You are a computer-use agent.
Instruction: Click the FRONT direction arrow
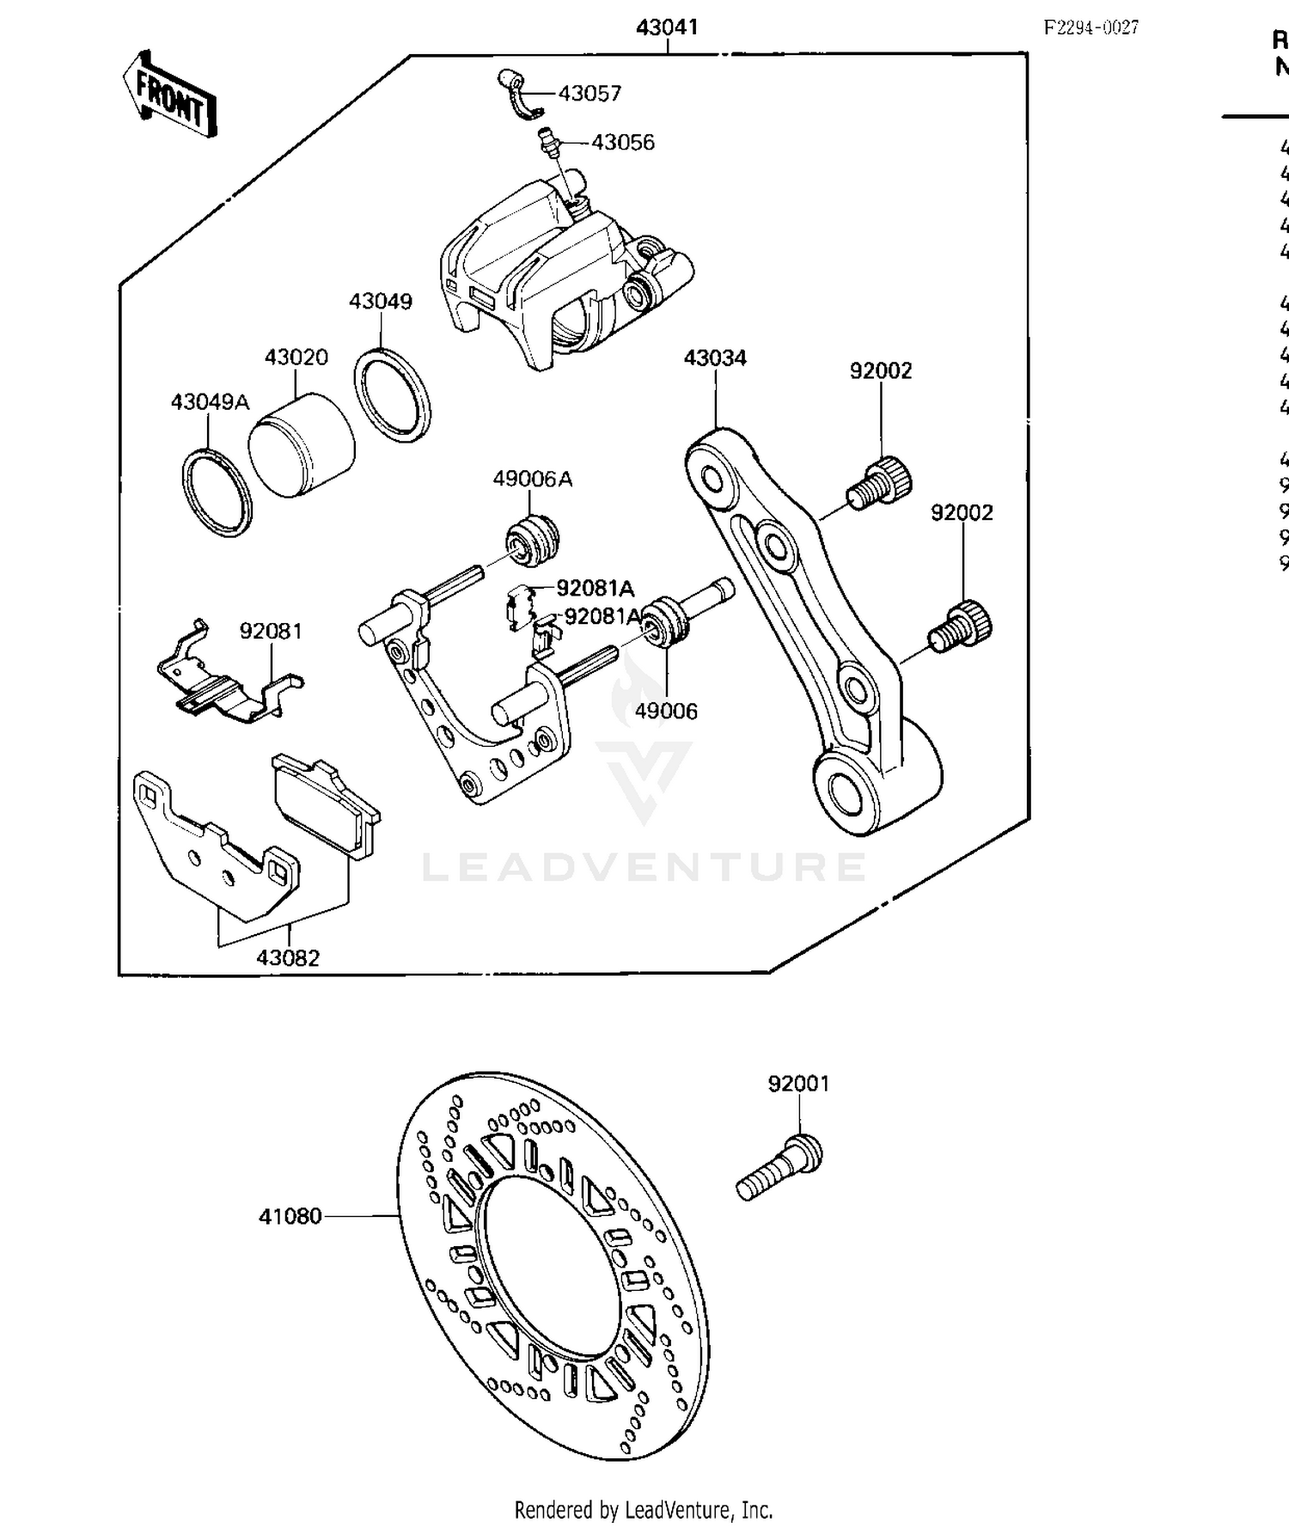tap(169, 96)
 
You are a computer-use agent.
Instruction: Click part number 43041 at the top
tap(667, 28)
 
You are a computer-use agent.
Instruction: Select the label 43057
tap(590, 94)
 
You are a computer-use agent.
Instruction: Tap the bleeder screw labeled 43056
tap(547, 140)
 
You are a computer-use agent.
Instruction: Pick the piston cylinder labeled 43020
tap(301, 445)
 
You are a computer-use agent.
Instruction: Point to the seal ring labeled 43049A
tap(217, 493)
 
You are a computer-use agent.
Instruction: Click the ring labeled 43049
tap(392, 396)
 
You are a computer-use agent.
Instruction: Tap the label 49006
tap(666, 711)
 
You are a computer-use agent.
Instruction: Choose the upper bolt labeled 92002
tap(880, 483)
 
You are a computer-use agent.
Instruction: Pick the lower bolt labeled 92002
tap(961, 627)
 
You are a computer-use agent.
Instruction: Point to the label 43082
tap(288, 957)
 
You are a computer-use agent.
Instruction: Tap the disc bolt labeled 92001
tap(779, 1169)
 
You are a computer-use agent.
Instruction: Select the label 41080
tap(290, 1216)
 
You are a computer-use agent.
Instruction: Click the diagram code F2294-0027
tap(1091, 28)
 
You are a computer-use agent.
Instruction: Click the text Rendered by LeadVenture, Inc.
tap(644, 1509)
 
